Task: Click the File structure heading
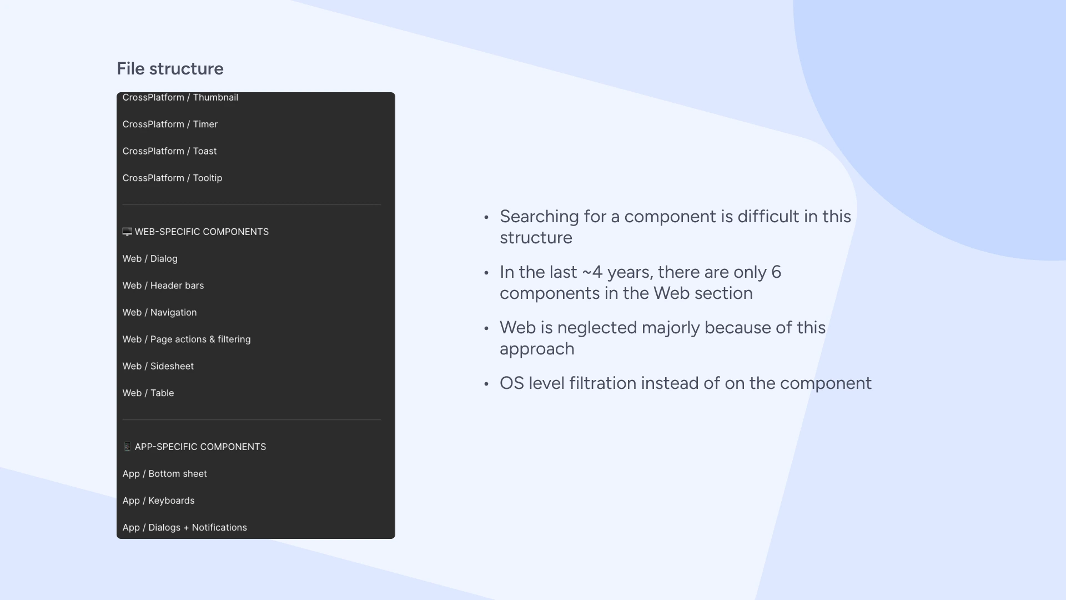pyautogui.click(x=170, y=69)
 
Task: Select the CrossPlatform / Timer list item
pyautogui.click(x=170, y=124)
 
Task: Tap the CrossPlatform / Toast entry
pyautogui.click(x=169, y=151)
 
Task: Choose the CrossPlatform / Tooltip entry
pyautogui.click(x=172, y=178)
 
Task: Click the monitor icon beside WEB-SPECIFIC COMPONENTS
pyautogui.click(x=127, y=232)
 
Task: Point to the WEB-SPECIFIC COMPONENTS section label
pyautogui.click(x=202, y=232)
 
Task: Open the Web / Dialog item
pyautogui.click(x=150, y=259)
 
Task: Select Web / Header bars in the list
pyautogui.click(x=163, y=286)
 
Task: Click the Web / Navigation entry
pyautogui.click(x=159, y=313)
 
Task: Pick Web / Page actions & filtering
pyautogui.click(x=187, y=339)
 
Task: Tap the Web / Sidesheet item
pyautogui.click(x=158, y=366)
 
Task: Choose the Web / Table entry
pyautogui.click(x=148, y=393)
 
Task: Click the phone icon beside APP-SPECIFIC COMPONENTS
pyautogui.click(x=127, y=447)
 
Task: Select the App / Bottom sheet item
pyautogui.click(x=164, y=474)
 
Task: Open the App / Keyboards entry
pyautogui.click(x=158, y=501)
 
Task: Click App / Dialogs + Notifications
pyautogui.click(x=184, y=528)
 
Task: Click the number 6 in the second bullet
pyautogui.click(x=776, y=272)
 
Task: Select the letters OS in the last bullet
pyautogui.click(x=511, y=383)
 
